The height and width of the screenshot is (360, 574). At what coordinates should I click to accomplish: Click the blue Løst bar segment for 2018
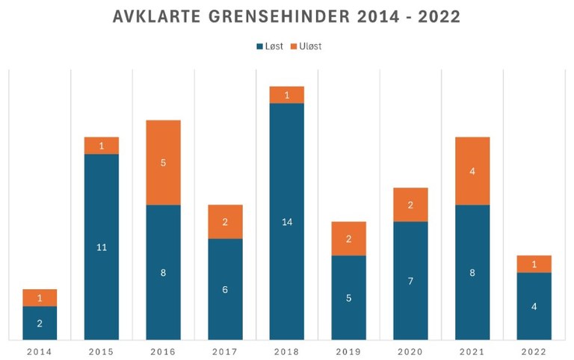[286, 221]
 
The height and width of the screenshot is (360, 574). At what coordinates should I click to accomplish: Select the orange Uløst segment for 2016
[163, 162]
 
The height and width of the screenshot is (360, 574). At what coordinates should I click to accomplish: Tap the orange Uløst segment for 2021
[472, 171]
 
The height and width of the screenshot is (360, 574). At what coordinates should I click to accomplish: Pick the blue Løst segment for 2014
[40, 323]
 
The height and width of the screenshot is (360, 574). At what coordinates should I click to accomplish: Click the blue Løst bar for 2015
[102, 246]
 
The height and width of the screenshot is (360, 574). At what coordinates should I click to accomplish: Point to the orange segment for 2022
[534, 264]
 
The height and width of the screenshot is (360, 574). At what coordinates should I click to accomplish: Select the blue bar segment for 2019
[348, 297]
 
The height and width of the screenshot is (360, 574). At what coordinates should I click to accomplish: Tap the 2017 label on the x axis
[225, 352]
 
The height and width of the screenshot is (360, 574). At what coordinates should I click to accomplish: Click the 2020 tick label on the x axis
[410, 352]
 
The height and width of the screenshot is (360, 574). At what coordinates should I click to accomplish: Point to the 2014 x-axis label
[40, 352]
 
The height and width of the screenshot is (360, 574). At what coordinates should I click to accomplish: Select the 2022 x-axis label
[534, 352]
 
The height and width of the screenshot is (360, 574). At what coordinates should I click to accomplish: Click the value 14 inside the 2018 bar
[286, 222]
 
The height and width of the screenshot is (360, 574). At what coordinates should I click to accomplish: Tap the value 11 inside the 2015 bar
[102, 247]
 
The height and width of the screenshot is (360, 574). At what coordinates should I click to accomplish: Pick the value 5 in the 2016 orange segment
[163, 163]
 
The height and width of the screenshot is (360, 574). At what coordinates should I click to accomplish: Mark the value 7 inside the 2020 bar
[410, 281]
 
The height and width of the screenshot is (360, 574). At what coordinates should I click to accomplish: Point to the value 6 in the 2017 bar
[225, 289]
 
